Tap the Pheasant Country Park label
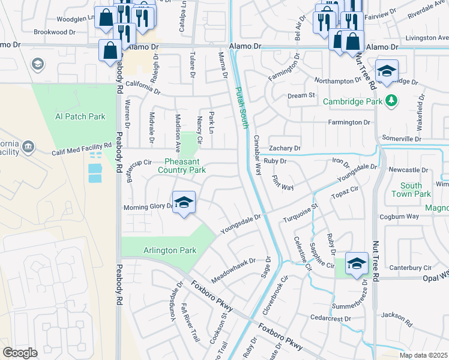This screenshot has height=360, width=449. [x=181, y=166]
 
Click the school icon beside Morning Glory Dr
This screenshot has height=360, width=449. [x=184, y=203]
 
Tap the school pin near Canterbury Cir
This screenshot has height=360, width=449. [x=357, y=264]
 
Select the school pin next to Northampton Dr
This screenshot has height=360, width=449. [x=387, y=70]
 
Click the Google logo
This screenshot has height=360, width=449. [x=20, y=353]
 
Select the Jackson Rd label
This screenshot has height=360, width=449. [x=396, y=319]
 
